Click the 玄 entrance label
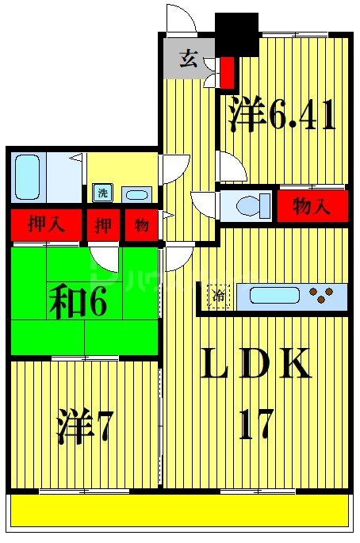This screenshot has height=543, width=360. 189,59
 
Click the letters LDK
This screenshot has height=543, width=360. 255,365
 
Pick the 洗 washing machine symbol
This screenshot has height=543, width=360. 102,193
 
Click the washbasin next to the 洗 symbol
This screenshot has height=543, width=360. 136,194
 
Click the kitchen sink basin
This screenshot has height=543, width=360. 274,296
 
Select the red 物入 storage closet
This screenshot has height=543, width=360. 312,205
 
